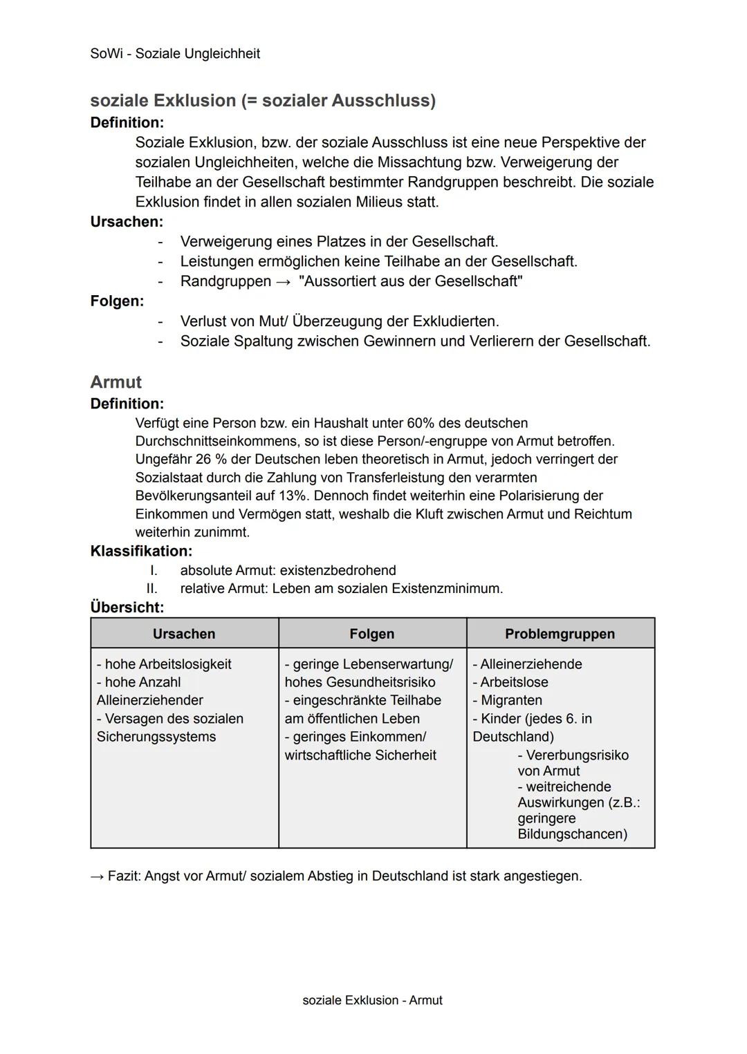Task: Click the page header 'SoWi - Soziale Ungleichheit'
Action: (175, 54)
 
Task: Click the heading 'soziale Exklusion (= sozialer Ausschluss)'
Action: (263, 101)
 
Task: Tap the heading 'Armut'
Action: (116, 382)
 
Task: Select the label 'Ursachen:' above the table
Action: (127, 222)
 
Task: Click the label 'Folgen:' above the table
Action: (117, 301)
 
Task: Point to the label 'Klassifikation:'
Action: (141, 552)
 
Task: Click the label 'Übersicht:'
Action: (127, 608)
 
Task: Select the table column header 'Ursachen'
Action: (184, 634)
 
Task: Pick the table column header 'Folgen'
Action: (372, 634)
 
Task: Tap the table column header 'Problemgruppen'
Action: (560, 634)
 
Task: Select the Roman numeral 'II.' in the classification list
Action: (151, 589)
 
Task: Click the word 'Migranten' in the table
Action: (511, 700)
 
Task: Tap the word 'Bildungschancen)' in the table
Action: (572, 834)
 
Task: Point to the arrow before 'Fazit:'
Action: (97, 876)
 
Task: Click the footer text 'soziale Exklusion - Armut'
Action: (372, 1000)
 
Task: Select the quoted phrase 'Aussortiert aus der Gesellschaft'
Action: (410, 281)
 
